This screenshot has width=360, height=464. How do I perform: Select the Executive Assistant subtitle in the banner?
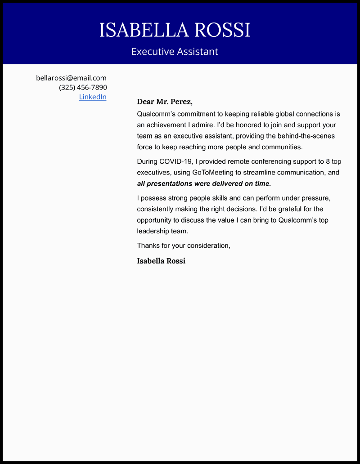175,52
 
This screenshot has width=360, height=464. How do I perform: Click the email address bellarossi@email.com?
71,78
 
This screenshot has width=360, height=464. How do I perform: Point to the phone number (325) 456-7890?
83,87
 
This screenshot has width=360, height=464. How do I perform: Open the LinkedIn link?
93,97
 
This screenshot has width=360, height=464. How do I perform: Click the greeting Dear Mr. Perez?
165,102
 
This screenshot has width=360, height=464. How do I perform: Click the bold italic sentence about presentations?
204,183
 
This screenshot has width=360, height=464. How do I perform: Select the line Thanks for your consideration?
184,245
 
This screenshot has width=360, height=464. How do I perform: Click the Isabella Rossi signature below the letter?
161,261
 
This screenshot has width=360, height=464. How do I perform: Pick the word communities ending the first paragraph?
281,147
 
